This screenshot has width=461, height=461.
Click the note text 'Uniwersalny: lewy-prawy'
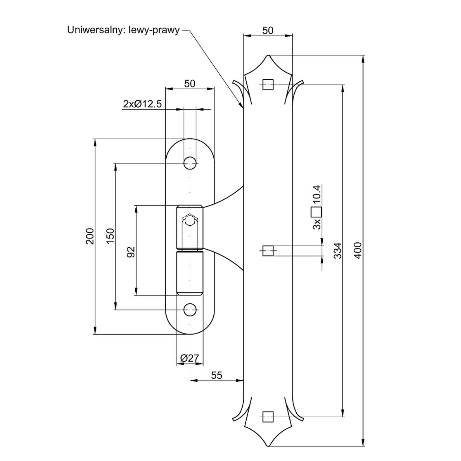(123, 30)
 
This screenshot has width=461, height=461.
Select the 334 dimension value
(338, 251)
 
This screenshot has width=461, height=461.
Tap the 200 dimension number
(90, 236)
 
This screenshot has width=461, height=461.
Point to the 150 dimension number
(110, 236)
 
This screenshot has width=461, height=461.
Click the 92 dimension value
(131, 252)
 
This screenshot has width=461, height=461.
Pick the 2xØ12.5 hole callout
(143, 104)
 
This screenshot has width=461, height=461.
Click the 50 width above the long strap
(268, 31)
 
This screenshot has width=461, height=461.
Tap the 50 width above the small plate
(190, 84)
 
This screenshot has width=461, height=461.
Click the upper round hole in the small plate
(190, 163)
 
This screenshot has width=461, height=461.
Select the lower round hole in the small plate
(190, 310)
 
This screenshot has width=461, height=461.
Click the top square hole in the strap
(268, 85)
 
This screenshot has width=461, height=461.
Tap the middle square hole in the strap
(268, 251)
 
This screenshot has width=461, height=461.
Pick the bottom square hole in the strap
(268, 417)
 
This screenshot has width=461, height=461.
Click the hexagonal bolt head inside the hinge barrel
(190, 219)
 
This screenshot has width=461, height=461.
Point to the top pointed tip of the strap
(268, 55)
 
